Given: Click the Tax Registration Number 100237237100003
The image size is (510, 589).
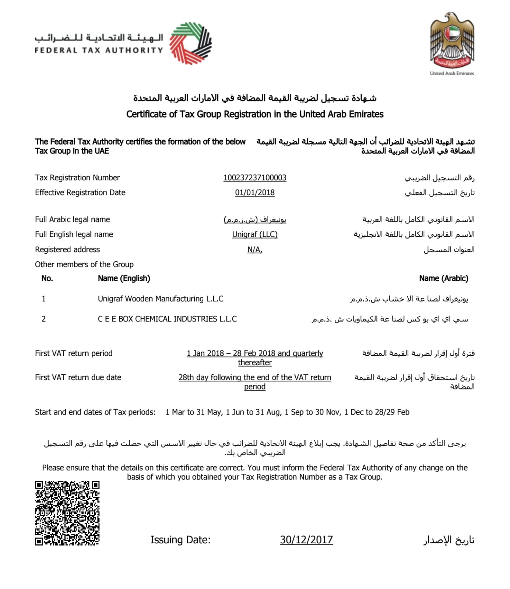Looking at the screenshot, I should pyautogui.click(x=254, y=178).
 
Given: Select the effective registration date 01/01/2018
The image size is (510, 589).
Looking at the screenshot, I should pyautogui.click(x=254, y=193).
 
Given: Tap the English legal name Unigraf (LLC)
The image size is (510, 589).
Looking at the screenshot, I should pyautogui.click(x=254, y=234).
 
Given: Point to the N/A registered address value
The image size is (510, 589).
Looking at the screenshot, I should pyautogui.click(x=254, y=250).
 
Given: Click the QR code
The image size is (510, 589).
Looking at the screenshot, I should pyautogui.click(x=67, y=513).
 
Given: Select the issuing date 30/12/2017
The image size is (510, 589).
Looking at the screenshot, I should pyautogui.click(x=306, y=540).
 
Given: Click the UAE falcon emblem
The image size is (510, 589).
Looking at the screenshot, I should pyautogui.click(x=452, y=40).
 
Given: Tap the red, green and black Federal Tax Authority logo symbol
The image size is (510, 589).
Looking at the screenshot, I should pyautogui.click(x=190, y=43).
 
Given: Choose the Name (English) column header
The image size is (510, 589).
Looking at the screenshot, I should pyautogui.click(x=124, y=278).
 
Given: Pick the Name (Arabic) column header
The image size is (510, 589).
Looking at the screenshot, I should pyautogui.click(x=443, y=278).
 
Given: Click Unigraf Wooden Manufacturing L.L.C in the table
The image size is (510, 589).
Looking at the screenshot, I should pyautogui.click(x=161, y=299).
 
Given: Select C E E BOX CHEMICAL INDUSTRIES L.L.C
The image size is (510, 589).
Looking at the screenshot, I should pyautogui.click(x=167, y=319).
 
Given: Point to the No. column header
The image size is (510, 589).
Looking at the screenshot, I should pyautogui.click(x=47, y=278).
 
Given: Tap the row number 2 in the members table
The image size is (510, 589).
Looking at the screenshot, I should pyautogui.click(x=43, y=319).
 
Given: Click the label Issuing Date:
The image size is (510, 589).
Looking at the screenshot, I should pyautogui.click(x=180, y=540).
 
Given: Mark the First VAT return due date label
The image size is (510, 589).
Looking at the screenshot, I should pyautogui.click(x=78, y=377).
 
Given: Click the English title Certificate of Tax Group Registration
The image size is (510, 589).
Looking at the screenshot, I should pyautogui.click(x=254, y=114).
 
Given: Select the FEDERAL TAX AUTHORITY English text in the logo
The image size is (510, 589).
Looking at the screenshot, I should pyautogui.click(x=99, y=50).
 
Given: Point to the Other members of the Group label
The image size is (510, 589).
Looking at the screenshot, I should pyautogui.click(x=84, y=264).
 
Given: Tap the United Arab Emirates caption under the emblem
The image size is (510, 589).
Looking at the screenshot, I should pyautogui.click(x=452, y=73).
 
